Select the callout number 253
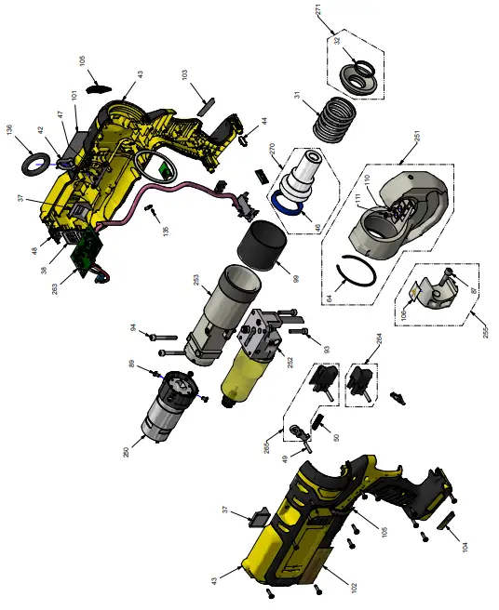(x=196, y=280)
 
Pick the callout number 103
(x=184, y=73)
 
